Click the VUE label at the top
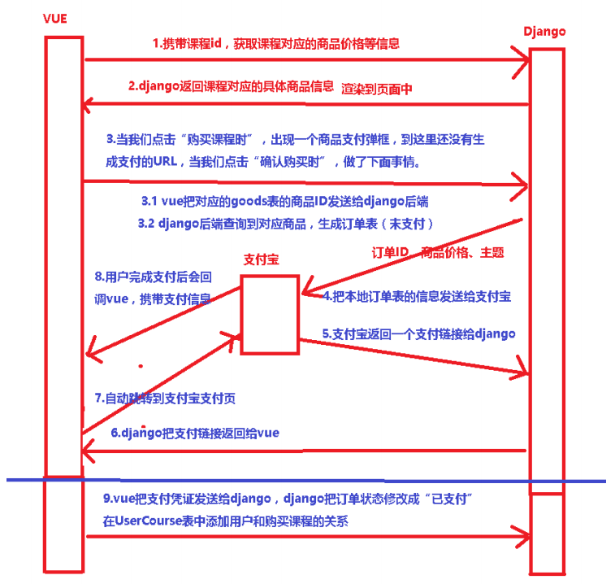pos(55,19)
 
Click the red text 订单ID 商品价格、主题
pos(439,253)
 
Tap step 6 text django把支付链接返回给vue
pos(195,433)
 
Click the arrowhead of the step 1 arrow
pos(522,59)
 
